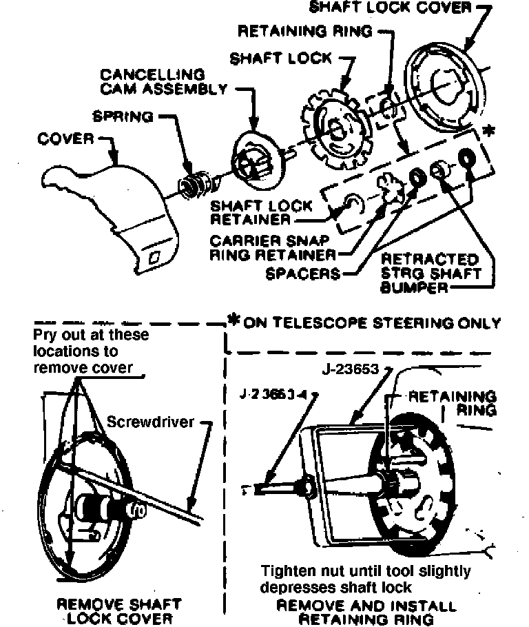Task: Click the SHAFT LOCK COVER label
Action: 391,8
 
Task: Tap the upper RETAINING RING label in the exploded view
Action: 304,31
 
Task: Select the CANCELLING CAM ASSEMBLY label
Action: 163,81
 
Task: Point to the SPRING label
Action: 123,116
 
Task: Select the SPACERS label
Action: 303,274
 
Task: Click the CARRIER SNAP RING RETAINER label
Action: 273,248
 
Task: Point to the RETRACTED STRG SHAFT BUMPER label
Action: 430,273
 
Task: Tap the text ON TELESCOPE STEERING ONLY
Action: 372,323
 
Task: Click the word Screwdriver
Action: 152,421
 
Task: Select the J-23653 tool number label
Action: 349,369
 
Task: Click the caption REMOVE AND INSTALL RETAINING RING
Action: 366,613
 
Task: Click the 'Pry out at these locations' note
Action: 91,351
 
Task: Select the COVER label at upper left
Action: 65,138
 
